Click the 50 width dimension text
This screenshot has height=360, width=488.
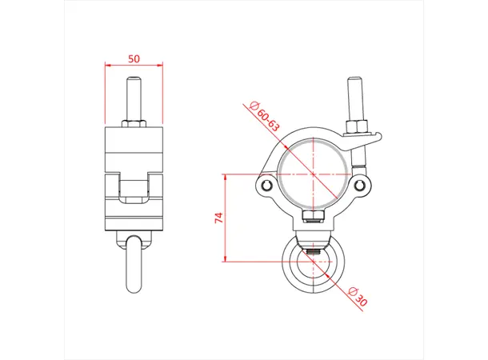coord(134,59)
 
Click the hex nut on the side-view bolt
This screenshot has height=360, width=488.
coord(134,124)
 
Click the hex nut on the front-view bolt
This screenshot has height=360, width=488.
coord(357,126)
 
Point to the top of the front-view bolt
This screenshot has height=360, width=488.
coord(355,82)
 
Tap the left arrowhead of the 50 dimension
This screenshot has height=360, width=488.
coord(107,67)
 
